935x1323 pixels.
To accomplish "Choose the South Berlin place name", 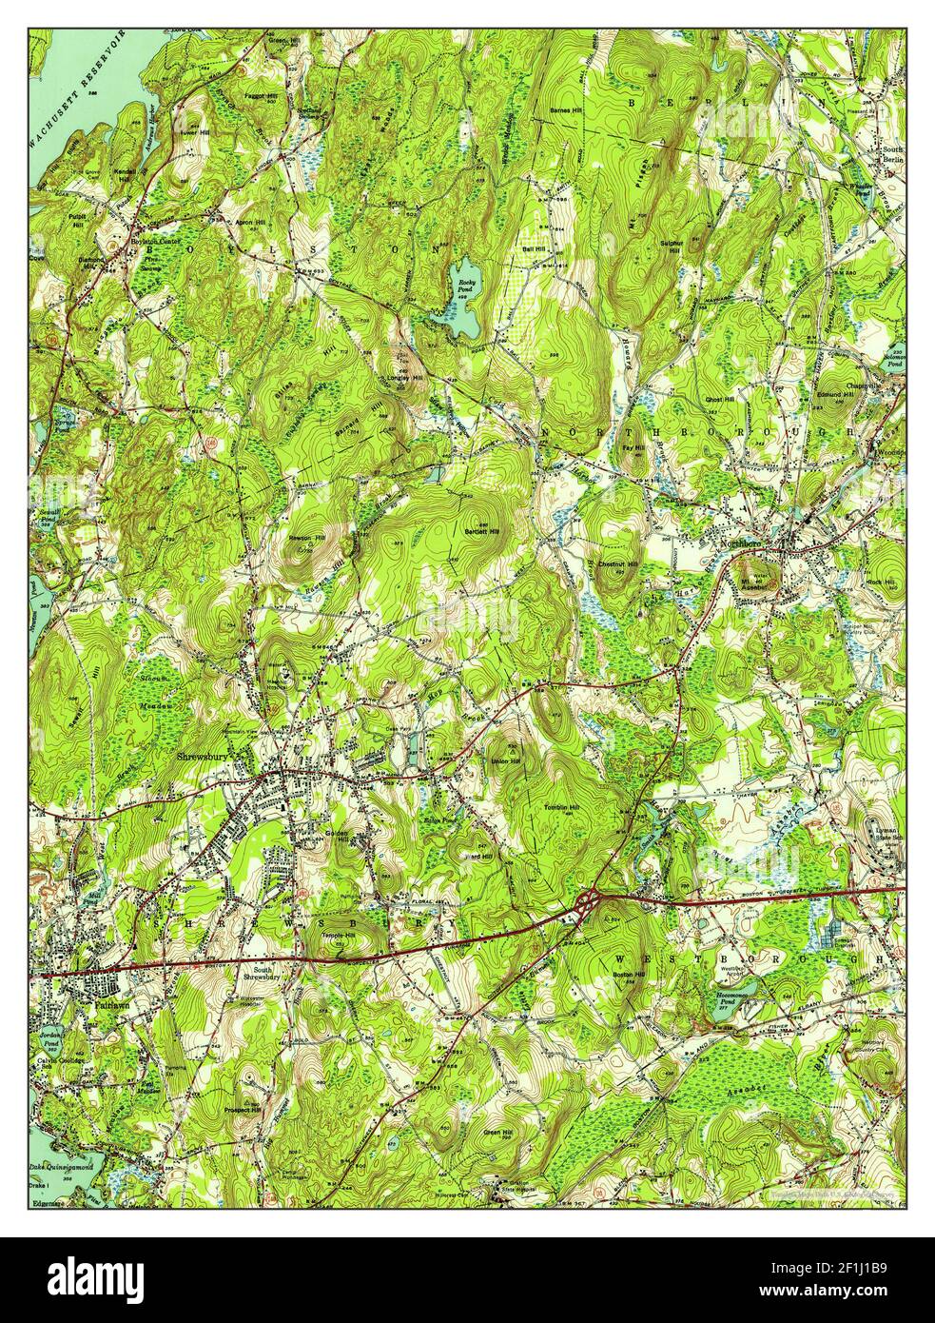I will coord(892,154).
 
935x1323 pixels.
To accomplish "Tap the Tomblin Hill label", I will coord(561,808).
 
